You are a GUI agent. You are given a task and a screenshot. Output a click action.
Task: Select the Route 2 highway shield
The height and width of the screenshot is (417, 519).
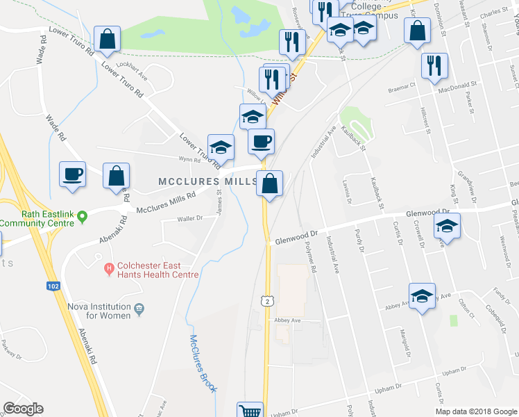click(x=266, y=300)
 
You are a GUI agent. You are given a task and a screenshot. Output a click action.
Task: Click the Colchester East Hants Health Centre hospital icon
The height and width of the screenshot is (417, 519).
click(x=108, y=268)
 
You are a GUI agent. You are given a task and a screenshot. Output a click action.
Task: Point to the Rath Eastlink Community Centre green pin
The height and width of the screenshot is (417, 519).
click(x=82, y=216)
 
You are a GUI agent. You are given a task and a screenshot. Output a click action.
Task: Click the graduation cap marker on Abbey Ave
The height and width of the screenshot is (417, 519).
click(x=422, y=297)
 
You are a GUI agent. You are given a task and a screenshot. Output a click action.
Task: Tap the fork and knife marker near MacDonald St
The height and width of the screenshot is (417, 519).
click(x=434, y=65)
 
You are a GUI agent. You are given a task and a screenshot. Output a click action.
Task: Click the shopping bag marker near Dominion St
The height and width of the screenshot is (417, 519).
click(x=416, y=31)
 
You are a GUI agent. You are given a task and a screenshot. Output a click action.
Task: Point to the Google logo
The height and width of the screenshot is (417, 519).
click(x=24, y=409)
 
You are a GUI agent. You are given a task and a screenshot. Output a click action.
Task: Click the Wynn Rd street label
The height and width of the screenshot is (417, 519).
click(x=189, y=160)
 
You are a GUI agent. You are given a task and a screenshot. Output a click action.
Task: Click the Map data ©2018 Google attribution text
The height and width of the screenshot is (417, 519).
click(x=475, y=411)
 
